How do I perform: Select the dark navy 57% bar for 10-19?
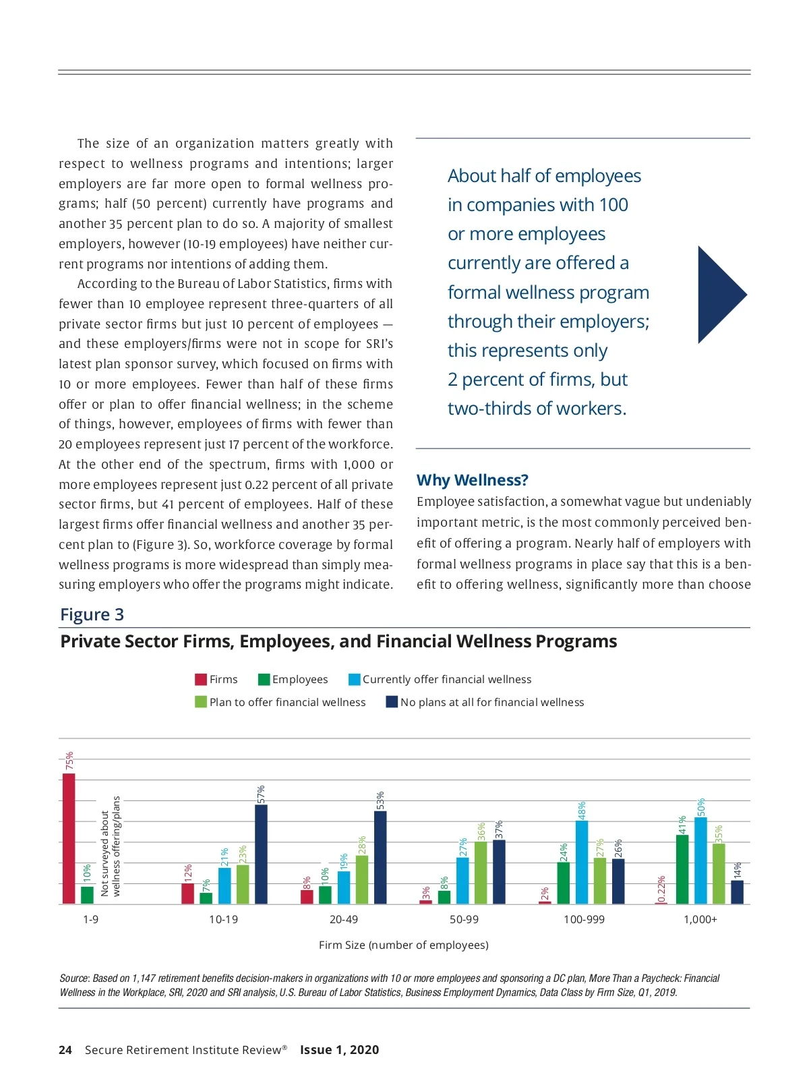pos(261,854)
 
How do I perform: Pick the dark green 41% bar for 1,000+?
pos(682,869)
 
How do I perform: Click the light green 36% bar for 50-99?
pos(481,873)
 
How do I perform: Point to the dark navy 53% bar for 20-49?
pos(380,857)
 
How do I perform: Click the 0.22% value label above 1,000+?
pos(661,889)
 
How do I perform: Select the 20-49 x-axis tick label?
pos(344,919)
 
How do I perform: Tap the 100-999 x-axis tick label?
pos(584,919)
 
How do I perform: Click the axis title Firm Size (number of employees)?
pos(403,945)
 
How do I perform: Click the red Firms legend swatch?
pos(201,679)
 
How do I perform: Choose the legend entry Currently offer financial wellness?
pos(446,679)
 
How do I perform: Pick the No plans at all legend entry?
pos(491,702)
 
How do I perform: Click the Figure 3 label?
pos(92,614)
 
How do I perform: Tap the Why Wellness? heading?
pos(472,480)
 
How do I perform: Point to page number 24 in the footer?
pos(65,1049)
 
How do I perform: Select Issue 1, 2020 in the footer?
pos(339,1049)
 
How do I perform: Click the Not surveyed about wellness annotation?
pos(110,846)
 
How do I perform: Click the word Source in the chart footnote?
pos(73,978)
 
